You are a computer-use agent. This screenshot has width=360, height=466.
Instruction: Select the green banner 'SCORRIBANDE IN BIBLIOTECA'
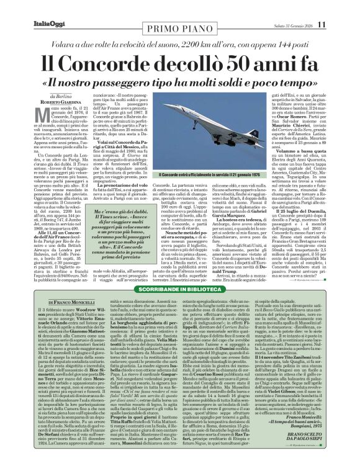coord(179,263)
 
